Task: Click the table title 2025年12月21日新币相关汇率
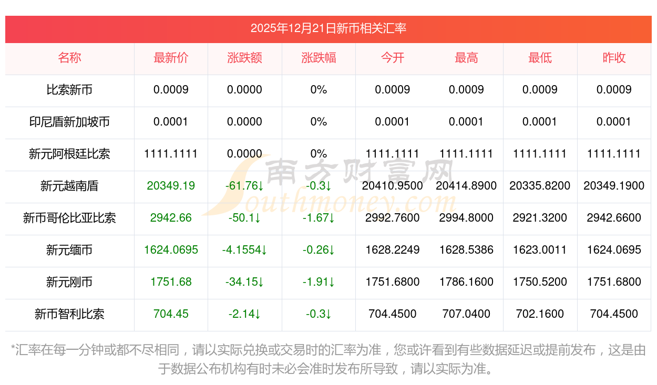coord(328,28)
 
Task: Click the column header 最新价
coord(171,58)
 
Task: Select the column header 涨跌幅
coord(319,58)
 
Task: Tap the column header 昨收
coord(614,58)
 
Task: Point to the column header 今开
coord(393,58)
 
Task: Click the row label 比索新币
coord(69,90)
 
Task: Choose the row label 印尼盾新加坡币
coord(69,122)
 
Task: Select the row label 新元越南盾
coord(69,186)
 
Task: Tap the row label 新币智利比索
coord(69,314)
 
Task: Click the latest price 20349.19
coord(171,186)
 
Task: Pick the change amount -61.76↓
coord(244,186)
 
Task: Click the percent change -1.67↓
coord(319,218)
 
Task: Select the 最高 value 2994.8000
coord(466,218)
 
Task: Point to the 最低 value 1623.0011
coord(540,250)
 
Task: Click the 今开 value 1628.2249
coord(393,250)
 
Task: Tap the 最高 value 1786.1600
coord(466,282)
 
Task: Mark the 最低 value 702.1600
coord(540,314)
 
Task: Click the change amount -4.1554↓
coord(244,250)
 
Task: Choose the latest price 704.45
coord(171,314)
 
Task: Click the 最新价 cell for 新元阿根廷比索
coord(171,154)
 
